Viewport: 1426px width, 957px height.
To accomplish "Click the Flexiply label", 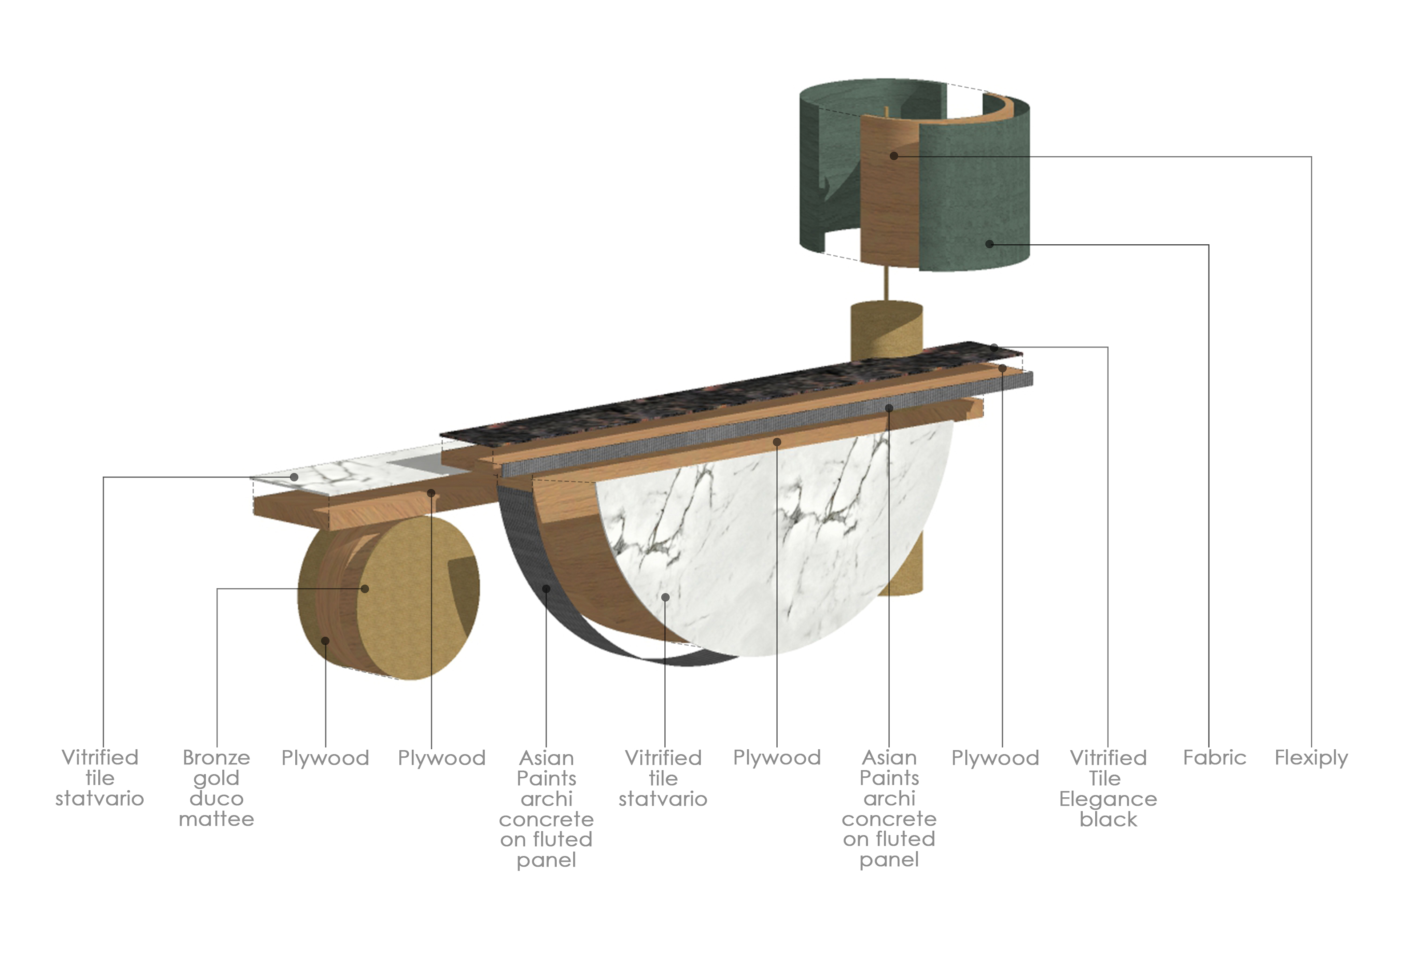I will (1311, 758).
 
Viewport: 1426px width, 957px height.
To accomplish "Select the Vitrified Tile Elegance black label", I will (1108, 788).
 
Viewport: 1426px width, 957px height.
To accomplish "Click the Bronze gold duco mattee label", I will (216, 788).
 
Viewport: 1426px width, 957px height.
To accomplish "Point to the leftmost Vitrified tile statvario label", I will (100, 778).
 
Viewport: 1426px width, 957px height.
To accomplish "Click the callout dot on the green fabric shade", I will (989, 244).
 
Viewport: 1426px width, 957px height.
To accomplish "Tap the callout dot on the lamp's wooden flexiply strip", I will (894, 156).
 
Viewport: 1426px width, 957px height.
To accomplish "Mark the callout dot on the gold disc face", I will (365, 588).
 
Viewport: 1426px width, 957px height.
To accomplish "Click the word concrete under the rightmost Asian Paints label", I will (889, 819).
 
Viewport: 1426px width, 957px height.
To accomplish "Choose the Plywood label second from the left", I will (441, 758).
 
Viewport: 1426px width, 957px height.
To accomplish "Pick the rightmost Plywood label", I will (995, 758).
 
